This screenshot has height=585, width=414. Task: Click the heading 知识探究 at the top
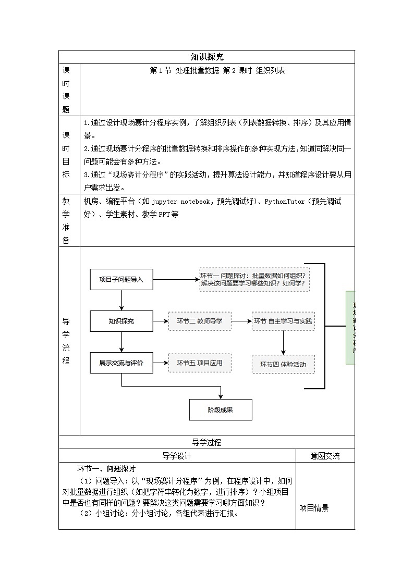[x=207, y=57]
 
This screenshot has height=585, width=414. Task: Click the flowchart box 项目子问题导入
[x=121, y=280]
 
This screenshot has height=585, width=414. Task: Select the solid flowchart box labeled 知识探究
[x=121, y=321]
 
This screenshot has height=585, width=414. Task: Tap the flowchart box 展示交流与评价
[x=121, y=363]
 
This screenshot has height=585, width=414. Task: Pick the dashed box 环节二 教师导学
[x=200, y=321]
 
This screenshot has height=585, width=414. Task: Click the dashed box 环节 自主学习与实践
[x=283, y=321]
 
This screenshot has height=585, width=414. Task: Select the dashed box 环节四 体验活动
[x=283, y=364]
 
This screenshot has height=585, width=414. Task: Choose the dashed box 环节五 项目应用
[x=200, y=363]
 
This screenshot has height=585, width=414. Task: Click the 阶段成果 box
[x=221, y=409]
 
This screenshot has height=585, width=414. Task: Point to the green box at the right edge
[x=350, y=328]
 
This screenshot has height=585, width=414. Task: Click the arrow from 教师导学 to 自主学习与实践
[x=241, y=321]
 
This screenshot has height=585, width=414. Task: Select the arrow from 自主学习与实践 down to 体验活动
[x=283, y=342]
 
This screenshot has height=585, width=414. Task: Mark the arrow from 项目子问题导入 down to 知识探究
[x=121, y=301]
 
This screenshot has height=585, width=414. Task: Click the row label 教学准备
[x=66, y=220]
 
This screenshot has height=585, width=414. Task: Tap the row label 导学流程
[x=66, y=341]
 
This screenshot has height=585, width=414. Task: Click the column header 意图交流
[x=325, y=456]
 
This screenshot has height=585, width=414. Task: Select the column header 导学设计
[x=177, y=456]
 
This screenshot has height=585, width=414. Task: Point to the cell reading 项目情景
[x=314, y=508]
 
